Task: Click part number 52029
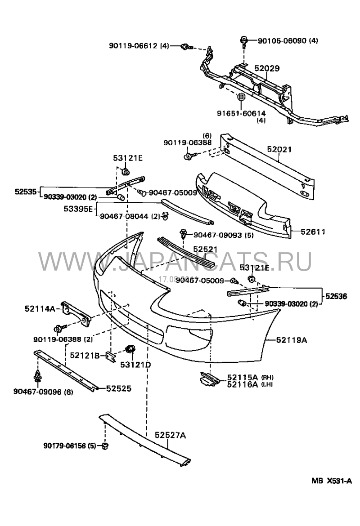click(x=267, y=69)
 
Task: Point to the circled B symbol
click(x=241, y=97)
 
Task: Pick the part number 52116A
click(x=243, y=384)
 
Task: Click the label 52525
click(x=118, y=388)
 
